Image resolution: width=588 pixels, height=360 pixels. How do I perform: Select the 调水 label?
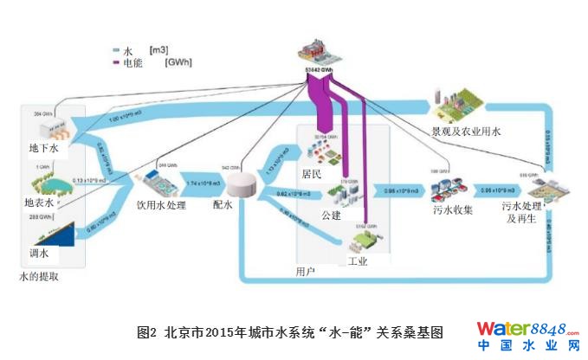click(40, 254)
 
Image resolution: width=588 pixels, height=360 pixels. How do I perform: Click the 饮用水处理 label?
click(161, 206)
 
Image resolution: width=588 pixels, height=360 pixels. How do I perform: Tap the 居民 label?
click(312, 174)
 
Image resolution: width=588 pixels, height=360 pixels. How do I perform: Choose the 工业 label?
click(357, 260)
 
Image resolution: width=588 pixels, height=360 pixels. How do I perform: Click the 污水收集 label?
click(452, 210)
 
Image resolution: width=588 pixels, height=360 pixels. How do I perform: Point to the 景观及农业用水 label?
click(466, 131)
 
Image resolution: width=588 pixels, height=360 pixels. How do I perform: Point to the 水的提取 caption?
click(39, 277)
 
